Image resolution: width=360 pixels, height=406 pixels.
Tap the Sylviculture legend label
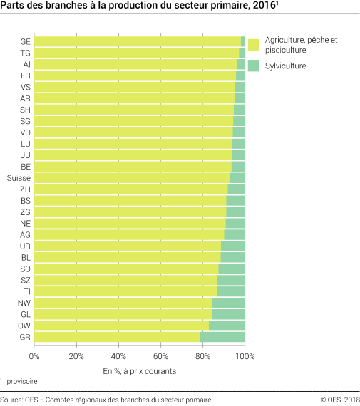click(x=285, y=66)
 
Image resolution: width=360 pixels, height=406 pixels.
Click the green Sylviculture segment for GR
click(x=222, y=337)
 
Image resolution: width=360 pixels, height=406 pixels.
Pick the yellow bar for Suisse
click(x=132, y=178)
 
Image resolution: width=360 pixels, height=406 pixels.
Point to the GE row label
click(x=25, y=42)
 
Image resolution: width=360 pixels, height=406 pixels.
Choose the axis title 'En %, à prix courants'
click(x=139, y=370)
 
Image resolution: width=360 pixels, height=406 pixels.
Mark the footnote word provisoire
click(x=23, y=382)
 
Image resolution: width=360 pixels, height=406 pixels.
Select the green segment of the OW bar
click(x=227, y=326)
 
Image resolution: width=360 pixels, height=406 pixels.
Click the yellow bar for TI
click(x=125, y=291)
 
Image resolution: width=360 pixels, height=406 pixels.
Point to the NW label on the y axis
click(x=24, y=303)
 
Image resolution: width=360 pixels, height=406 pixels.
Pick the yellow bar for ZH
click(x=130, y=189)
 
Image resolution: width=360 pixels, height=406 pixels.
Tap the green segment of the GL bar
click(x=229, y=314)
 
